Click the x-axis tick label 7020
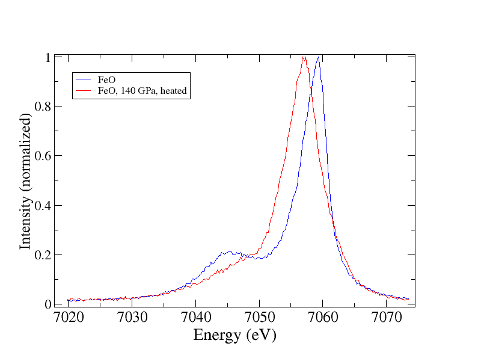(x=69, y=318)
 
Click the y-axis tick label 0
(x=47, y=304)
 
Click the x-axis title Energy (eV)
(x=234, y=336)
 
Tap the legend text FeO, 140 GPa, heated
(x=142, y=91)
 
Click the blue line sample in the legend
(x=84, y=79)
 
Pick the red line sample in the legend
(x=84, y=91)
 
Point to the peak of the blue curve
(x=318, y=58)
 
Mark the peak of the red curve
(x=304, y=58)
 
